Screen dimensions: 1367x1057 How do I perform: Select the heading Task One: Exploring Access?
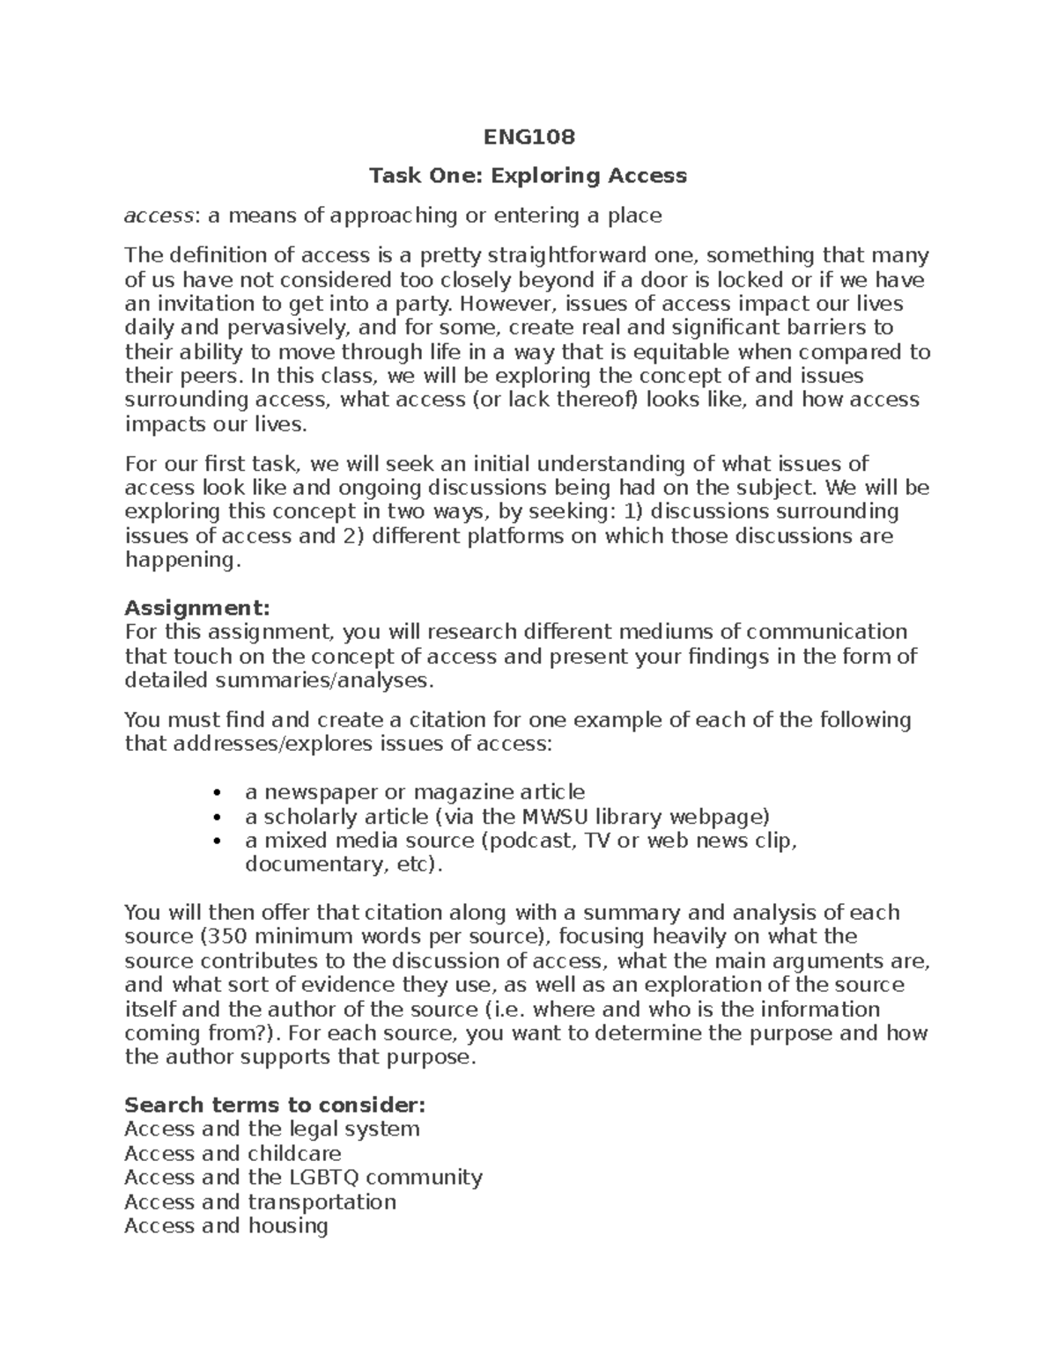coord(528,175)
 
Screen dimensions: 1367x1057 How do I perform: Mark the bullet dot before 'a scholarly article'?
coord(217,816)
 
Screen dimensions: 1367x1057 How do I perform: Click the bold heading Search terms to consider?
coord(275,1104)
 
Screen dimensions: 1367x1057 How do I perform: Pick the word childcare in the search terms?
coord(294,1152)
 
